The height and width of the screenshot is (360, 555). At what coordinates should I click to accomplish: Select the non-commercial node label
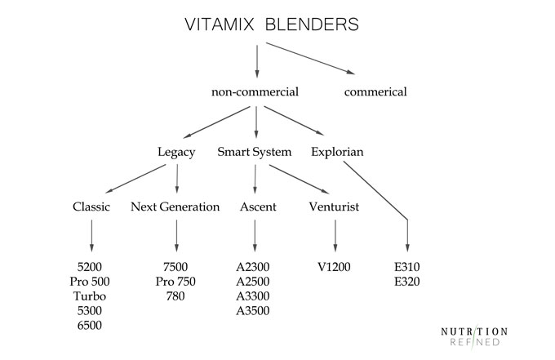pyautogui.click(x=255, y=92)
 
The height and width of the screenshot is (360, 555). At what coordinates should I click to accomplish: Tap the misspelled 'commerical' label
pyautogui.click(x=375, y=92)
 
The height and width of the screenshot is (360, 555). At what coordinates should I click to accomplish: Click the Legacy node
pyautogui.click(x=176, y=152)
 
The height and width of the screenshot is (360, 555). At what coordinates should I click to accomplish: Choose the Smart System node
pyautogui.click(x=255, y=152)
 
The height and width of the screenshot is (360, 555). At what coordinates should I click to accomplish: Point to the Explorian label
pyautogui.click(x=337, y=152)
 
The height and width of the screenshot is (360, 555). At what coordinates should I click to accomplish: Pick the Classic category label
pyautogui.click(x=91, y=207)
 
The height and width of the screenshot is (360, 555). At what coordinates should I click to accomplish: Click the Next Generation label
pyautogui.click(x=175, y=207)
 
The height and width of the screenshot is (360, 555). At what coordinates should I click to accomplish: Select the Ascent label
pyautogui.click(x=257, y=207)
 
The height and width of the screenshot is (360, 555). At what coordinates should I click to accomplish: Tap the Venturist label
pyautogui.click(x=335, y=207)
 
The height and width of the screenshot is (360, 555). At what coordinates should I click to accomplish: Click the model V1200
pyautogui.click(x=335, y=267)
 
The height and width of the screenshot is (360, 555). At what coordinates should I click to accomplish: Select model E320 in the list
pyautogui.click(x=408, y=282)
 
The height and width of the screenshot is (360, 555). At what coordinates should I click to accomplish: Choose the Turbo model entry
pyautogui.click(x=91, y=296)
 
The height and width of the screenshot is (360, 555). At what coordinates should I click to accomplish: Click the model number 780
pyautogui.click(x=175, y=296)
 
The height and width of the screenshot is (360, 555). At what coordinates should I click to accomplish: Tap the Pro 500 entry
pyautogui.click(x=91, y=282)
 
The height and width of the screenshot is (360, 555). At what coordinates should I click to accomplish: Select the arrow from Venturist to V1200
pyautogui.click(x=335, y=237)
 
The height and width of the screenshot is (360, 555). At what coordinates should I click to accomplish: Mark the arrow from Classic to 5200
pyautogui.click(x=91, y=237)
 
